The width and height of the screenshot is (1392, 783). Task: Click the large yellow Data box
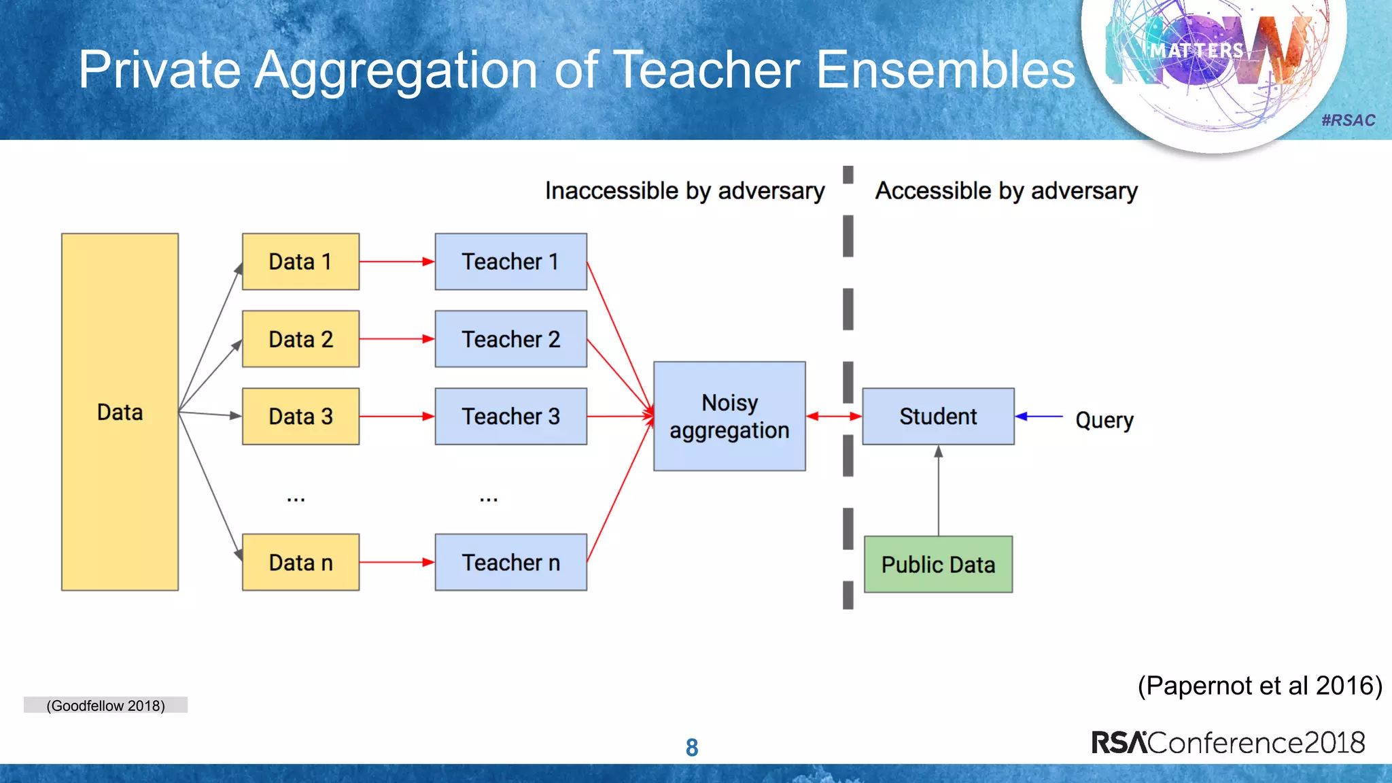120,412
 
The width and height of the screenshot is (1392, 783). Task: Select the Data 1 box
300,262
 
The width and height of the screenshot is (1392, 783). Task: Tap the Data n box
300,562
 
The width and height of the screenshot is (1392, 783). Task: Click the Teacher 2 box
510,338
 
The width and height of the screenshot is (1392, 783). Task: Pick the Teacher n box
510,562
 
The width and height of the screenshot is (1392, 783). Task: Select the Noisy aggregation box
729,416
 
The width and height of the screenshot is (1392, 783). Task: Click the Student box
938,416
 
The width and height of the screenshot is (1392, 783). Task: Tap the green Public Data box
938,564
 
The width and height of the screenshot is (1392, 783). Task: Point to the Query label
1104,419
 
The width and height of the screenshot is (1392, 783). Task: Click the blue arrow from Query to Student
1039,416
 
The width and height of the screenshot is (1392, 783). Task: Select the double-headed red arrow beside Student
834,416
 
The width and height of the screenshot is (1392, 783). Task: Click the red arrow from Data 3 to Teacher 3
396,416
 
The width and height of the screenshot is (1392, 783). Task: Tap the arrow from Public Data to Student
939,489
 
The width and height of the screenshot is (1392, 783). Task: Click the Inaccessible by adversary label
684,191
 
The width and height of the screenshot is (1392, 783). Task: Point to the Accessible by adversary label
1006,191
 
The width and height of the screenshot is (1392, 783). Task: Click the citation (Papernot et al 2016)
1259,685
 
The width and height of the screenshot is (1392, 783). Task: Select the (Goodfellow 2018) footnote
105,706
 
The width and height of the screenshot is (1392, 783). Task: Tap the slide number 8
692,748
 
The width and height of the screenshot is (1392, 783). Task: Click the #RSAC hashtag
1348,120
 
